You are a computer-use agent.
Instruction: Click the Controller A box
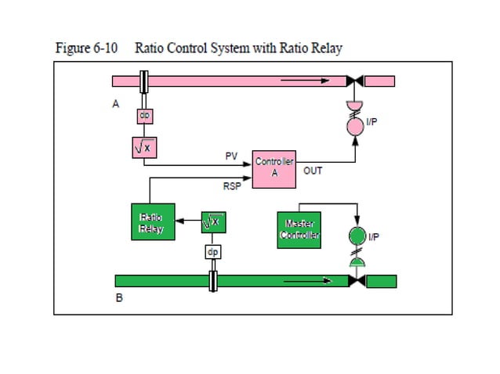coord(274,167)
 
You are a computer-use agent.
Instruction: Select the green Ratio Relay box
coord(150,222)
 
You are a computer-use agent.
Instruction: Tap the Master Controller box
coord(299,230)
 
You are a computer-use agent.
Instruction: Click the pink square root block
coord(144,147)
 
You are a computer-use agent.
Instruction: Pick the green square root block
coord(213,222)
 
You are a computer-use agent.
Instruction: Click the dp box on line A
coord(144,115)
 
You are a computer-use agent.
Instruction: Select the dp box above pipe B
coord(213,253)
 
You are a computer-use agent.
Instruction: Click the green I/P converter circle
coord(357,236)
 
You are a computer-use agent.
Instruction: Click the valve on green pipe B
coord(357,281)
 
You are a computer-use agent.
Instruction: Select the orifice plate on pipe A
coord(144,81)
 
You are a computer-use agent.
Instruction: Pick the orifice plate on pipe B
coord(213,281)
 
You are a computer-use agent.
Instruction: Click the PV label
coord(231,156)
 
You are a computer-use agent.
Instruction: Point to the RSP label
coord(233,187)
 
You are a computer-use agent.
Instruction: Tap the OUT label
coord(312,170)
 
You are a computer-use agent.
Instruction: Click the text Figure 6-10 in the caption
coord(86,48)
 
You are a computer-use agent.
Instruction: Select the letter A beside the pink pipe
coord(116,103)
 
